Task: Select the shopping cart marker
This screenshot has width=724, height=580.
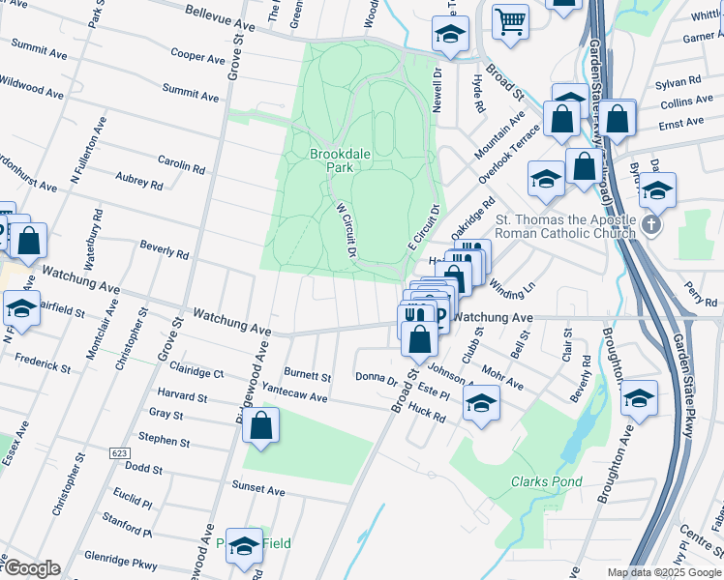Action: tap(510, 20)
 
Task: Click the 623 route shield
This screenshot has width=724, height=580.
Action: tap(119, 453)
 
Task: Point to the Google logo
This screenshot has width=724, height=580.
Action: tap(31, 568)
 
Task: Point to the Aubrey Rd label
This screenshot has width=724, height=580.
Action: tap(138, 181)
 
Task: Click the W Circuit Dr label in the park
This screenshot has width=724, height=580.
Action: tap(347, 229)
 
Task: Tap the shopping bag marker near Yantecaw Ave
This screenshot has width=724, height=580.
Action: tap(260, 425)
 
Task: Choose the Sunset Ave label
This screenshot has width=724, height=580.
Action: tap(257, 490)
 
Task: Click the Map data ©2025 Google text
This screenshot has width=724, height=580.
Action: tap(664, 572)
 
